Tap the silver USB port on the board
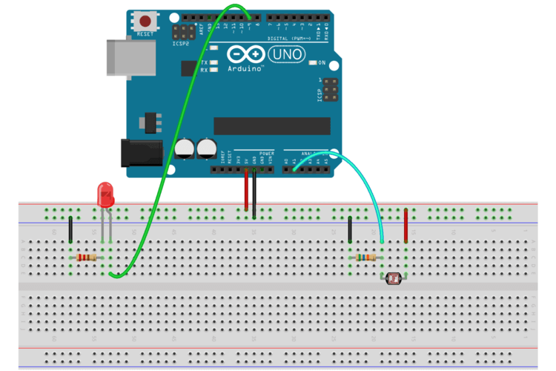(x=131, y=56)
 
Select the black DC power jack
(x=142, y=153)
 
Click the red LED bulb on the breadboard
(x=106, y=196)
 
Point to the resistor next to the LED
(x=87, y=257)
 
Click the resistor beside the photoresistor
(x=366, y=257)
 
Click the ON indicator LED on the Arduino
(x=312, y=63)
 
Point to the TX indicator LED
(x=214, y=62)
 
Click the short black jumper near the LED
(x=70, y=230)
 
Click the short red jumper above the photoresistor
(x=406, y=226)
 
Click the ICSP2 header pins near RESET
(x=182, y=33)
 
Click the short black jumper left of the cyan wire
(x=349, y=230)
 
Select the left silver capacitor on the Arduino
(x=185, y=148)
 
